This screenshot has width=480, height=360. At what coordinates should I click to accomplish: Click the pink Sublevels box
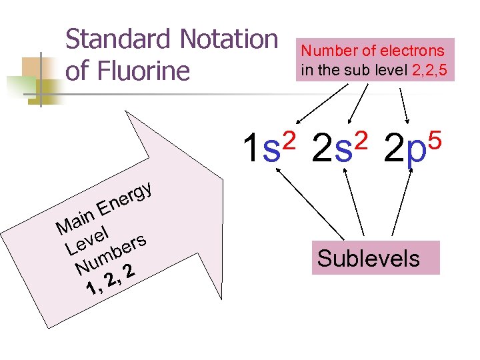pyautogui.click(x=369, y=258)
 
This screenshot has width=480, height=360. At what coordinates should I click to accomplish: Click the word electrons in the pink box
pyautogui.click(x=413, y=51)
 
